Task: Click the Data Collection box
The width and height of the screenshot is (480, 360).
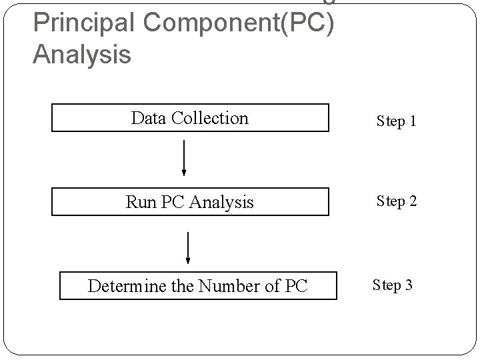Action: pos(190,118)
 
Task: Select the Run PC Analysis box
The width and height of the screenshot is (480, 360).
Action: pos(190,201)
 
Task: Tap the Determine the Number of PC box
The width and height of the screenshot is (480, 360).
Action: pos(198,286)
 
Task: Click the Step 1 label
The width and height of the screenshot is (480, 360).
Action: pos(396,121)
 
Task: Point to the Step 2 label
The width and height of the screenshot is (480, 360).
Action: pos(396,201)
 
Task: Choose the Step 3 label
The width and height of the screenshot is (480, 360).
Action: pos(392,285)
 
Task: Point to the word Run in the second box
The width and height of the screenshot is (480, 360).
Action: pos(141,202)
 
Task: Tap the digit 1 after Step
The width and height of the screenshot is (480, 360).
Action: pos(413,121)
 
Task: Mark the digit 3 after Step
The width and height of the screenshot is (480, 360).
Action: pos(409,285)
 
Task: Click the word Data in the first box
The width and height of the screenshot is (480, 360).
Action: pos(149,118)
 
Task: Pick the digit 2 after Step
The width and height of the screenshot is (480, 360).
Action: pos(413,201)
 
